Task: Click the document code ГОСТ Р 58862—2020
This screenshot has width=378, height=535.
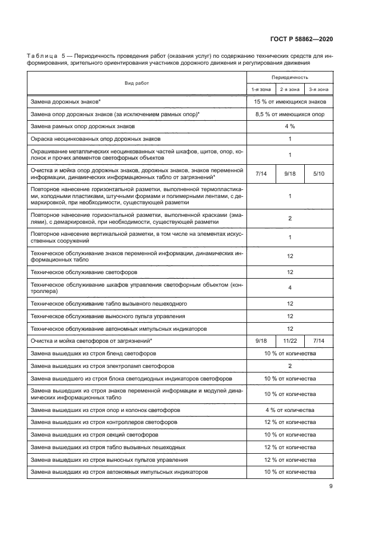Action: tap(301, 39)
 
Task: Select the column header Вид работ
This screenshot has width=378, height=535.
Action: tap(137, 83)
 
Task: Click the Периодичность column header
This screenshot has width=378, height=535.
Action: tap(290, 77)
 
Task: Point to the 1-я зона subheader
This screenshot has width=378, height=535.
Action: tap(261, 89)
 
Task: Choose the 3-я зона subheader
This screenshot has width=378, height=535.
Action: tap(319, 89)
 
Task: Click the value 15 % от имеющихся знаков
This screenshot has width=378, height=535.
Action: tap(290, 102)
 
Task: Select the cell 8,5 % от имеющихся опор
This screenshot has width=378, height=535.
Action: tap(290, 114)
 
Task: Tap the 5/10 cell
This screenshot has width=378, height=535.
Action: tap(319, 173)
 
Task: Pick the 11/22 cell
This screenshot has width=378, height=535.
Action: tap(290, 340)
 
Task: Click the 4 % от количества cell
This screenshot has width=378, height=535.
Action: tap(290, 410)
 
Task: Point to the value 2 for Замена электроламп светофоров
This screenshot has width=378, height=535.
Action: tap(290, 366)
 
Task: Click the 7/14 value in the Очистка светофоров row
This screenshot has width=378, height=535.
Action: tap(319, 340)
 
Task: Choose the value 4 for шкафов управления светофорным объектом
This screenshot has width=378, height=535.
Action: tap(290, 288)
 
